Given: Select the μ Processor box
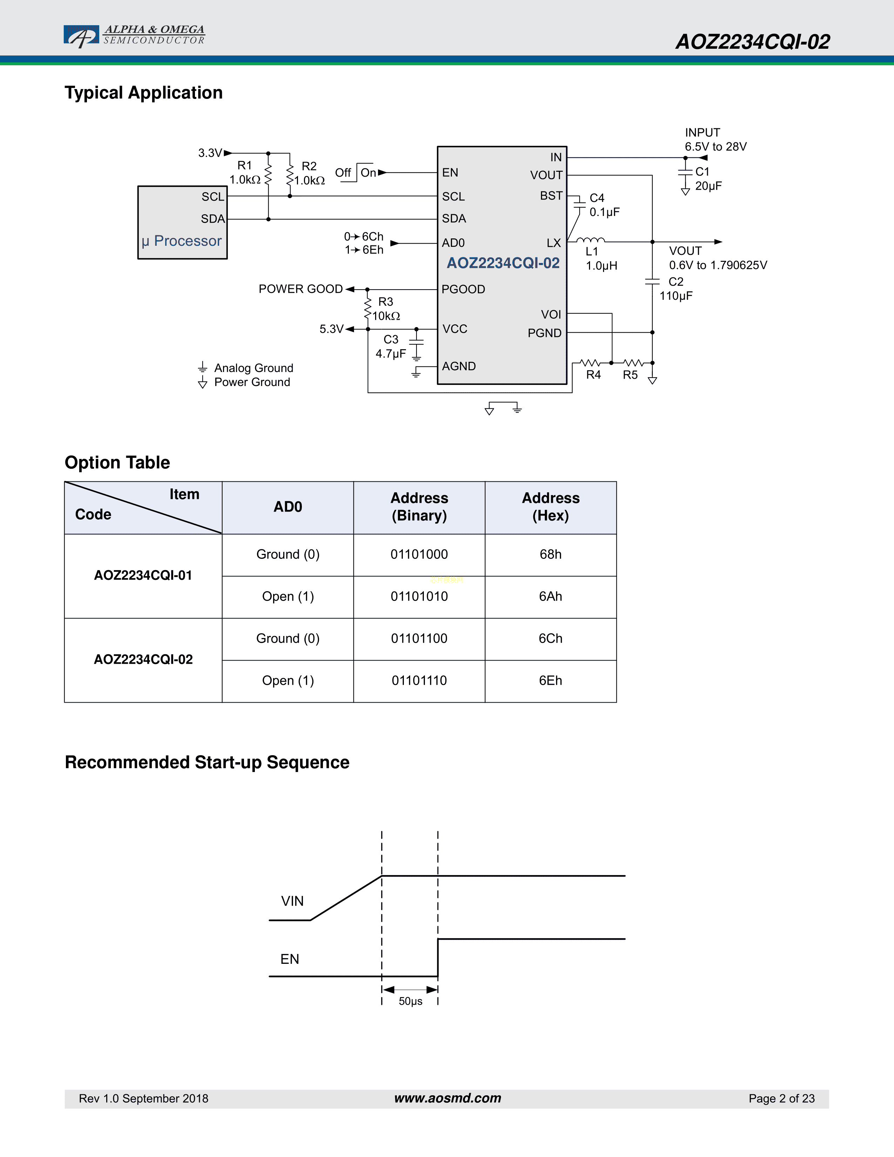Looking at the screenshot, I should [182, 223].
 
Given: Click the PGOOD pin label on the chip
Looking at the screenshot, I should [463, 289].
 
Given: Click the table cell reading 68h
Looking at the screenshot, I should [550, 555].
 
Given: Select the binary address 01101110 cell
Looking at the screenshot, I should [419, 681].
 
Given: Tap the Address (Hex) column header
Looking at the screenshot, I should [550, 507].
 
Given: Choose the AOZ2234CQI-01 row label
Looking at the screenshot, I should [143, 575].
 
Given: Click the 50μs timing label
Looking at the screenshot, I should [411, 1001].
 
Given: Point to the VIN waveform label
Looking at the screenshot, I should [292, 901].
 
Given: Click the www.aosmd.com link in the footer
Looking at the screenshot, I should [448, 1098].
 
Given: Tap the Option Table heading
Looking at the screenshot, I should [117, 462].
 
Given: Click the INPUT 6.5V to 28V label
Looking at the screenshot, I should [715, 139].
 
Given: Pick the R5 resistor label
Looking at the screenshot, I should [630, 375].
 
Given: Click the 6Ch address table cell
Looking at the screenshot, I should [550, 639].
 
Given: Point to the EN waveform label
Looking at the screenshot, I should [290, 959].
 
